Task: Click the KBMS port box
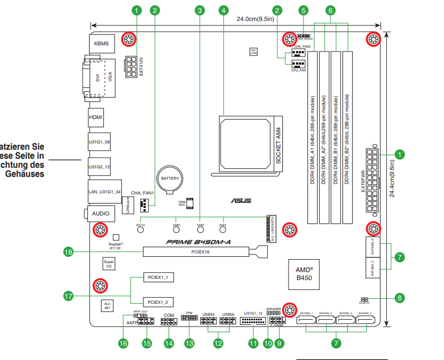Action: coord(102,43)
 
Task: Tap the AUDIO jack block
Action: coord(100,213)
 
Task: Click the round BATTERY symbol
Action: coord(170,179)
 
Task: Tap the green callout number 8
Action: coord(400,298)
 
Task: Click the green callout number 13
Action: coord(189,343)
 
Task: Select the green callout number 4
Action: coord(224,10)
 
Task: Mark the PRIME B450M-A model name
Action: coord(198,242)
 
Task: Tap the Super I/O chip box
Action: coord(108,264)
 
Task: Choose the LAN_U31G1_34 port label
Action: coord(105,192)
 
